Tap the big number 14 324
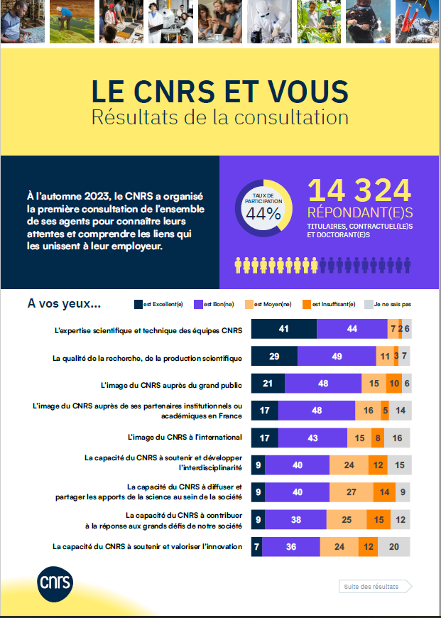pos(359,190)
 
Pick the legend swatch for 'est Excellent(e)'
pos(138,304)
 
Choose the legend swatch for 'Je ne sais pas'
pos(368,304)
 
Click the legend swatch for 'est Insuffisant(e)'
pos(307,304)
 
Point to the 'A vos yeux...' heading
pos(64,303)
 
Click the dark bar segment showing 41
pos(284,329)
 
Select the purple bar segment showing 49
pos(337,356)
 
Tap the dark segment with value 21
pos(268,384)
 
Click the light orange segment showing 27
pos(351,492)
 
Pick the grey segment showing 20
pos(394,547)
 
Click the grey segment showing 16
pos(398,438)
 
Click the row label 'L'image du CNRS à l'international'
pos(185,437)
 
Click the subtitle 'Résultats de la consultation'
pos(220,117)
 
